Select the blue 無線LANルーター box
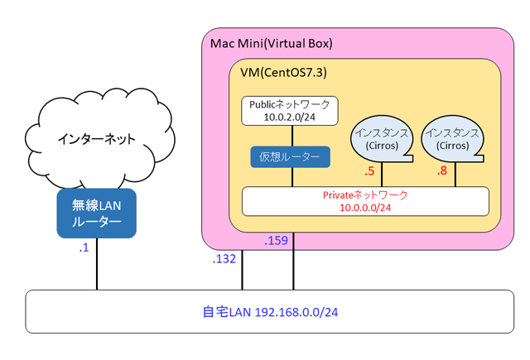tap(95, 213)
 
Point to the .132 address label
tap(224, 259)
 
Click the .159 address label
tap(277, 242)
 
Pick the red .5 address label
tap(369, 172)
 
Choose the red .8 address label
tap(441, 172)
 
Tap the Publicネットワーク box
tap(290, 110)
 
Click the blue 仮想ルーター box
tap(290, 156)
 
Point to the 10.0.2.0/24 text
tap(290, 118)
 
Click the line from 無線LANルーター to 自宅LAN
tap(97, 263)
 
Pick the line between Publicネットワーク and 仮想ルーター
tap(290, 136)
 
